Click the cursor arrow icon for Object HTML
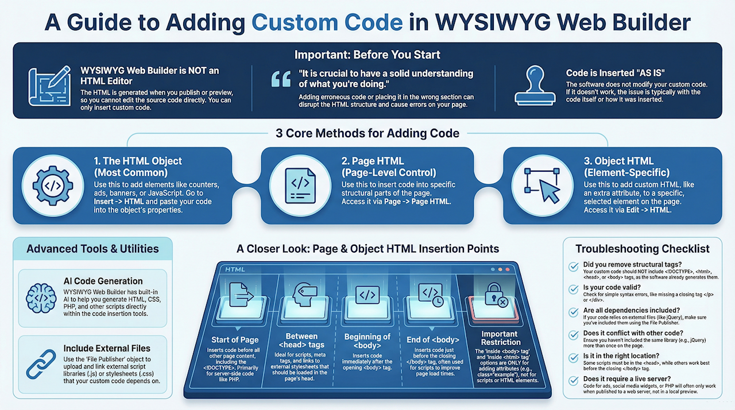pyautogui.click(x=543, y=185)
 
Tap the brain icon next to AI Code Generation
pyautogui.click(x=41, y=296)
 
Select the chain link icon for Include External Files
pyautogui.click(x=41, y=363)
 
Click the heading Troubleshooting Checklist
pyautogui.click(x=643, y=249)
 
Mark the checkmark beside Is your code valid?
pyautogui.click(x=573, y=289)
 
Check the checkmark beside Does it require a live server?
pyautogui.click(x=573, y=381)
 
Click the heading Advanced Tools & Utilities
pyautogui.click(x=92, y=249)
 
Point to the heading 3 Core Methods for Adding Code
pyautogui.click(x=367, y=133)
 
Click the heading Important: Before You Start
pyautogui.click(x=367, y=55)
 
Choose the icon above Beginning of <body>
pyautogui.click(x=367, y=296)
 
